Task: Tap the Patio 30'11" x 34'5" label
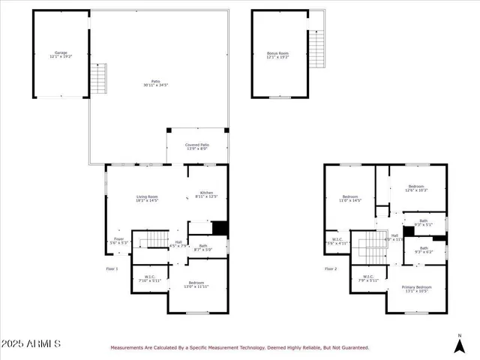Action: click(156, 82)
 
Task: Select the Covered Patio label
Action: click(197, 146)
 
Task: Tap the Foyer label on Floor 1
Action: click(118, 241)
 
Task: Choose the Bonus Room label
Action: click(277, 55)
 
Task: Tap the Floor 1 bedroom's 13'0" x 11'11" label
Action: click(196, 285)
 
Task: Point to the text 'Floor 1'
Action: click(112, 268)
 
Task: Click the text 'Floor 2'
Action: click(331, 268)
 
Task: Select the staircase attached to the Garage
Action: click(99, 77)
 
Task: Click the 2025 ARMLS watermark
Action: click(31, 343)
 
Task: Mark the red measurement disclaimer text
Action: click(240, 348)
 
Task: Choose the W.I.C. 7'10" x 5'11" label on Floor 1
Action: click(148, 279)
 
